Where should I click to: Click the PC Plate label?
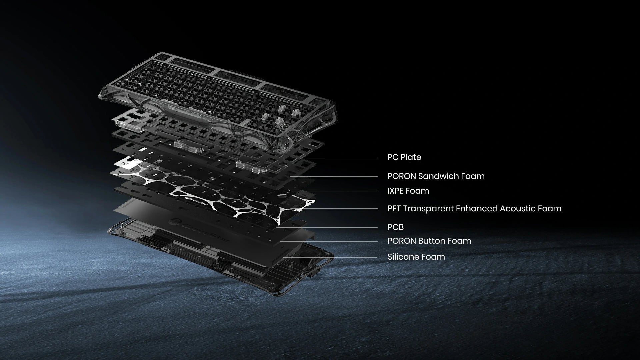pyautogui.click(x=404, y=157)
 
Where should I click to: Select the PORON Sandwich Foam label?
pyautogui.click(x=436, y=176)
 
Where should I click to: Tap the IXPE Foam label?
pyautogui.click(x=408, y=191)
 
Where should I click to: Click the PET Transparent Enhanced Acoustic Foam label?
pyautogui.click(x=474, y=208)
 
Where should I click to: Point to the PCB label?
pyautogui.click(x=396, y=227)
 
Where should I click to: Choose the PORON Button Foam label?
pyautogui.click(x=429, y=241)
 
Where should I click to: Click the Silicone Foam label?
pyautogui.click(x=416, y=257)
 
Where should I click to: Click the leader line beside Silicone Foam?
pyautogui.click(x=330, y=257)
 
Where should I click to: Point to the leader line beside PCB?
pyautogui.click(x=327, y=228)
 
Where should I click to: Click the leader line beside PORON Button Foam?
pyautogui.click(x=329, y=241)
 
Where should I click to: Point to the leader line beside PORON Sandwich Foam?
pyautogui.click(x=334, y=177)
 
